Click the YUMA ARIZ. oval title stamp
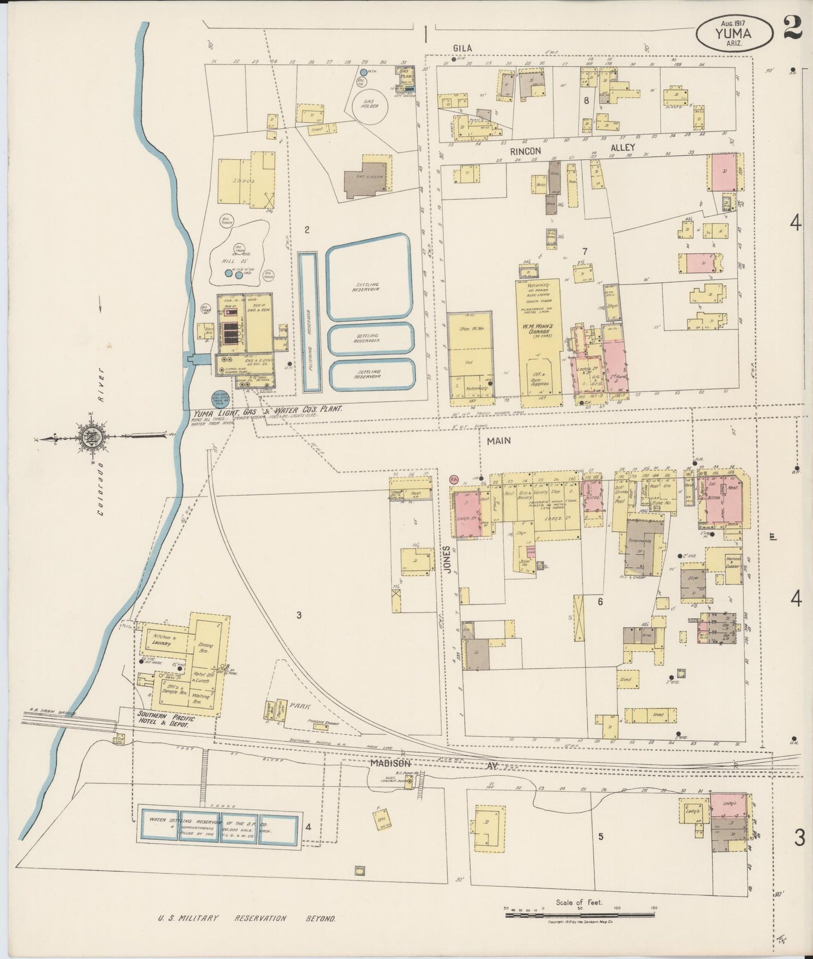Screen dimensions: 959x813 (734, 33)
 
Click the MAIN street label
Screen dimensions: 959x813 (499, 441)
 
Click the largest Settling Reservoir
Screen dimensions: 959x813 (370, 277)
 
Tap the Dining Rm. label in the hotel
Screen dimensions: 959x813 (203, 647)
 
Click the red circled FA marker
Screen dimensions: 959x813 (454, 479)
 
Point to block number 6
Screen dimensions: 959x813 (600, 602)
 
